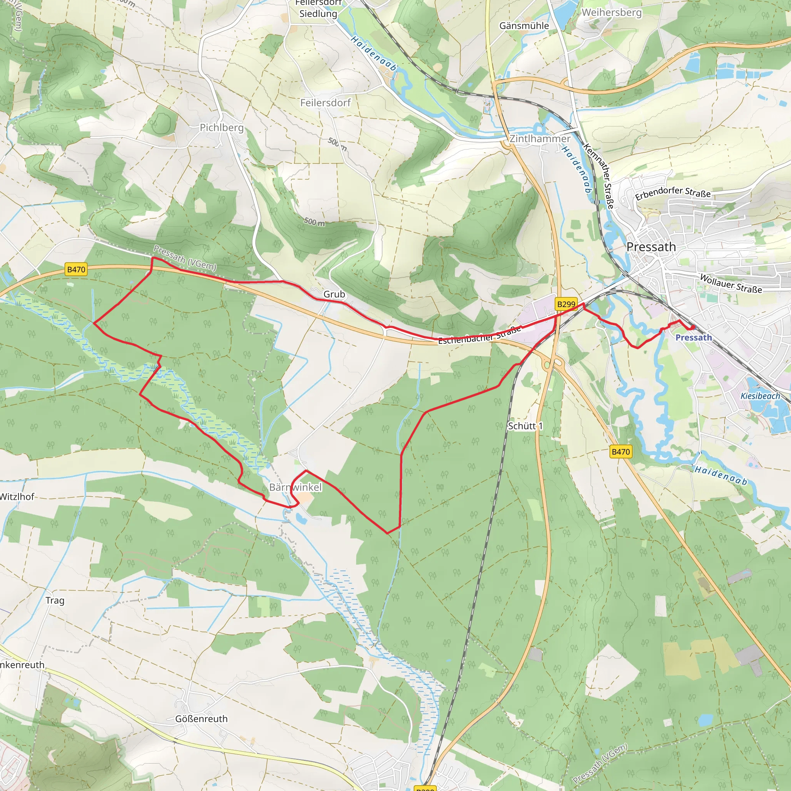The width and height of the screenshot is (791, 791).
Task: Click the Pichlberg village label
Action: tap(221, 128)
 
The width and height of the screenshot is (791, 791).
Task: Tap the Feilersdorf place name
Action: tap(325, 103)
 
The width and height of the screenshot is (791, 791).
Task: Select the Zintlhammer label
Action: tap(540, 139)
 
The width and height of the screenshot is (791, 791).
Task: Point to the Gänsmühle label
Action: tap(524, 26)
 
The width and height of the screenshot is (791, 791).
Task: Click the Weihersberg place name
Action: tap(611, 12)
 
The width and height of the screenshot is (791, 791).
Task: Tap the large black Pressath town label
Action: tap(651, 247)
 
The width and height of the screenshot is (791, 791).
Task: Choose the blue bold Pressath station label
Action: tap(694, 337)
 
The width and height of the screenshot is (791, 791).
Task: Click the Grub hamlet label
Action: tap(334, 294)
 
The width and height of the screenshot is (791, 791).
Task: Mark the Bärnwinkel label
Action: tap(295, 487)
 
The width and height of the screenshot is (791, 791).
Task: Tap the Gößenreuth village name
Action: tap(201, 718)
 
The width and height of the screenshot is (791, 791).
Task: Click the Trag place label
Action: tap(55, 600)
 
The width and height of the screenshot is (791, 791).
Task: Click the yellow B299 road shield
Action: tap(566, 304)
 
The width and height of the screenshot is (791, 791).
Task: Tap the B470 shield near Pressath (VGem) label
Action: tap(76, 270)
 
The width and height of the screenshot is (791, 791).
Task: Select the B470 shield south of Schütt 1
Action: tap(620, 452)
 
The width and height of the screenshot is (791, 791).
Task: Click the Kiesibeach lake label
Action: tap(760, 396)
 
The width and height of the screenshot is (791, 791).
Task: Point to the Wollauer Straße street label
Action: tap(730, 284)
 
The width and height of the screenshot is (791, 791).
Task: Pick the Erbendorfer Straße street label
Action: tap(673, 193)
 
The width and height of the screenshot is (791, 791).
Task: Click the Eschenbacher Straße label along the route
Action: tap(479, 335)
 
